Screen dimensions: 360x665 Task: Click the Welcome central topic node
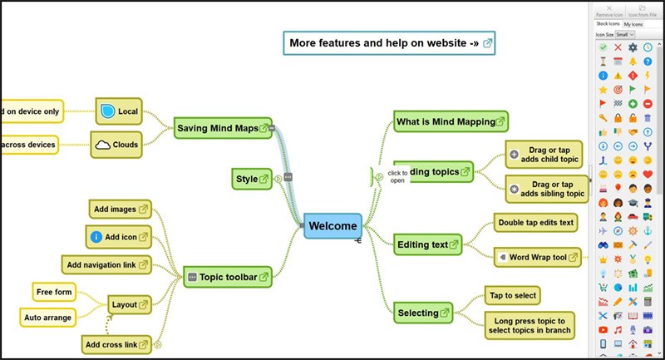pyautogui.click(x=332, y=225)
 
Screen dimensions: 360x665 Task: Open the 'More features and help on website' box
pyautogui.click(x=388, y=42)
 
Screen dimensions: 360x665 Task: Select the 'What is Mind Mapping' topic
pyautogui.click(x=450, y=121)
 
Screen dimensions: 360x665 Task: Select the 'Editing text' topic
pyautogui.click(x=427, y=244)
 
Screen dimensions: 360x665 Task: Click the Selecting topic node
pyautogui.click(x=423, y=313)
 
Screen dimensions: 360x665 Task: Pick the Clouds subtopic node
pyautogui.click(x=116, y=144)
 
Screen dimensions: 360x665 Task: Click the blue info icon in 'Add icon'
pyautogui.click(x=96, y=237)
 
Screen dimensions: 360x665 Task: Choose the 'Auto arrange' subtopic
pyautogui.click(x=48, y=317)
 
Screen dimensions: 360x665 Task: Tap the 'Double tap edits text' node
pyautogui.click(x=535, y=222)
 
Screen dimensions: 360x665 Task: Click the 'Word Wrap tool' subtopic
pyautogui.click(x=536, y=258)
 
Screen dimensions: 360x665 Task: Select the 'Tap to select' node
pyautogui.click(x=512, y=295)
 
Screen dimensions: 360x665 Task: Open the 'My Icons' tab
pyautogui.click(x=633, y=24)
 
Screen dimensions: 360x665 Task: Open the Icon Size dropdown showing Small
pyautogui.click(x=626, y=35)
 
